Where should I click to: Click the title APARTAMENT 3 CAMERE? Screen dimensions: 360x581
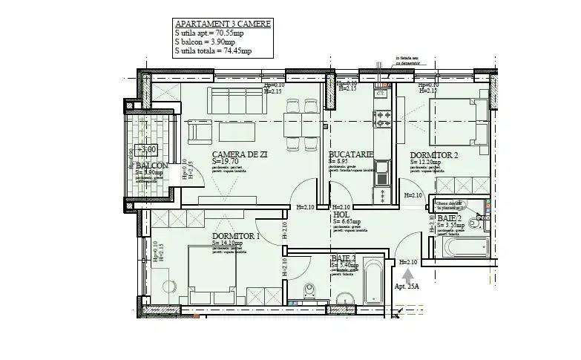coord(222,24)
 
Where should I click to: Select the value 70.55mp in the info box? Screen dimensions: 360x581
coord(234,33)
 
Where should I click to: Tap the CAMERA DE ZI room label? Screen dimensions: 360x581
coord(240,154)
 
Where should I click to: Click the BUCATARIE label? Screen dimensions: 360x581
coord(350,153)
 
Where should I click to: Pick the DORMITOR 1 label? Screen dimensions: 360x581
coord(235,235)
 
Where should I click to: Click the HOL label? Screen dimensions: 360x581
coord(341,214)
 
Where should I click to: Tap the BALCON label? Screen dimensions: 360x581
coord(151,166)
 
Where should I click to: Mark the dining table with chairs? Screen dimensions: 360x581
coord(295,131)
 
